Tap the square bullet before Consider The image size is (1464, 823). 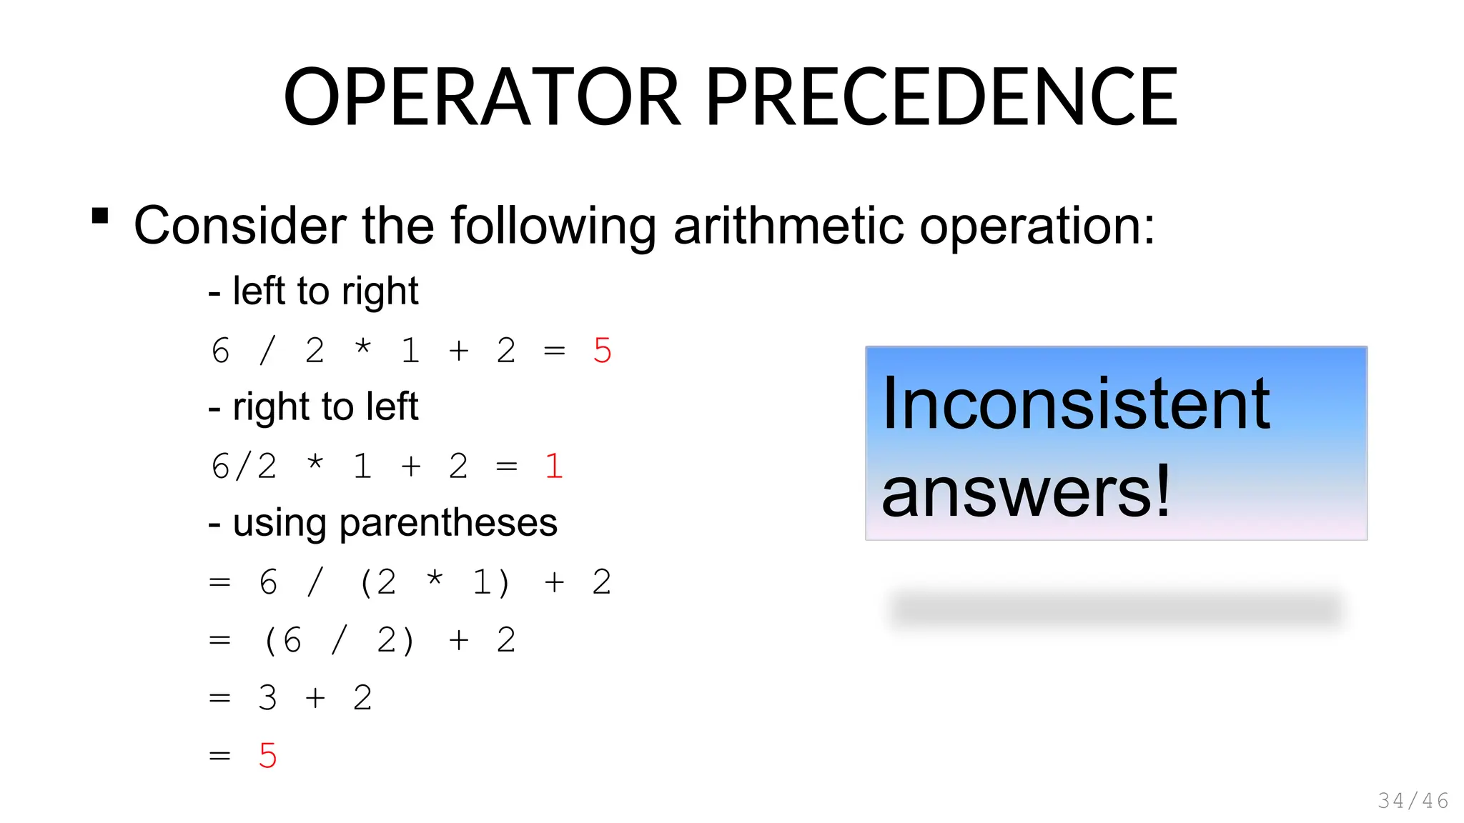tap(100, 216)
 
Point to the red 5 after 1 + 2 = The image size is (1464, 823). tap(602, 351)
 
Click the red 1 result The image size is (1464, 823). tap(554, 467)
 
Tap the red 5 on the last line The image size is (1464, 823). tap(267, 756)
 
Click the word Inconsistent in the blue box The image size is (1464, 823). tap(1076, 404)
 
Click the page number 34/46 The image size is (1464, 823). tap(1413, 801)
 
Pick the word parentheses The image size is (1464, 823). tap(448, 523)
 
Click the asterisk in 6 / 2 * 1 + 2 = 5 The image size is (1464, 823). tap(363, 348)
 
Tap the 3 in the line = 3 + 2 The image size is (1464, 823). tap(267, 698)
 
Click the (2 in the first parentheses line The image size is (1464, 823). tap(377, 582)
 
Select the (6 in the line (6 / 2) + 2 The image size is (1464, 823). tap(282, 640)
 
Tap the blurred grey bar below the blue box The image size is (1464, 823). tap(1115, 609)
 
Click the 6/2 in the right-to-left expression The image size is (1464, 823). tap(244, 467)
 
